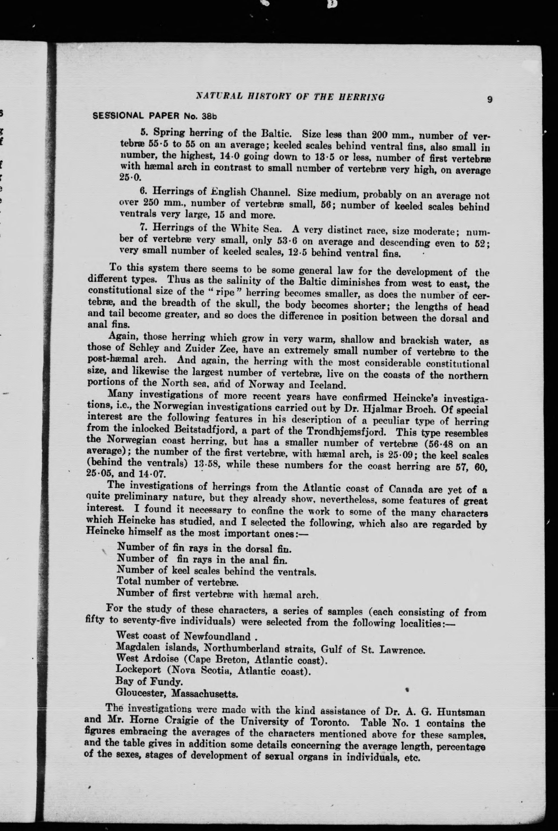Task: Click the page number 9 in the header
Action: pyautogui.click(x=490, y=100)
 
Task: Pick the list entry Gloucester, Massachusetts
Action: pyautogui.click(x=177, y=693)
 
